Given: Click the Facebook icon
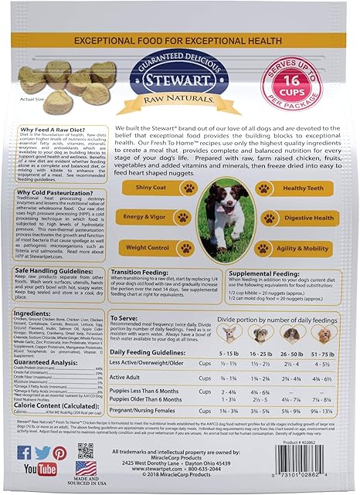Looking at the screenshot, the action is (x=24, y=453).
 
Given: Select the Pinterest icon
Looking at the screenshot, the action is (x=59, y=453).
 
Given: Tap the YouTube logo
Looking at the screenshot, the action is (x=40, y=469).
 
